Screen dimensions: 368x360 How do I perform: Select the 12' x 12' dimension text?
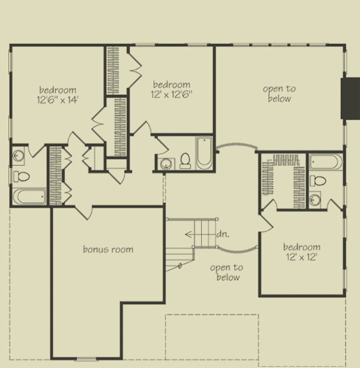pos(301,257)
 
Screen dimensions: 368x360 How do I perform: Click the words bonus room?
pos(108,249)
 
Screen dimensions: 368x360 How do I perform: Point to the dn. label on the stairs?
pos(222,235)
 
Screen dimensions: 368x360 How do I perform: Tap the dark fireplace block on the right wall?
pos(351,99)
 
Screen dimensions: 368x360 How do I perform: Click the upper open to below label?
pos(279,94)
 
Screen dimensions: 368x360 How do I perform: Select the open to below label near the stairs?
pos(227,272)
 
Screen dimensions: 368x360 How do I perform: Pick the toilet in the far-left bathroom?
pos(23,176)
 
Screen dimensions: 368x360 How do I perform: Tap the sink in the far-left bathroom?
pos(19,156)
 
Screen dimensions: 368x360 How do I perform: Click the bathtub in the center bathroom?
pos(204,153)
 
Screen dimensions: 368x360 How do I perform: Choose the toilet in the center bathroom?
pos(186,160)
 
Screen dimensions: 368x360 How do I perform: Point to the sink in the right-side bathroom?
pos(316,200)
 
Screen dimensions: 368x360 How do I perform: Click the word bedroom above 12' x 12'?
pos(301,247)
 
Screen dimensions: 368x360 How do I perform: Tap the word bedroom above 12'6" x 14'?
pos(57,90)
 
